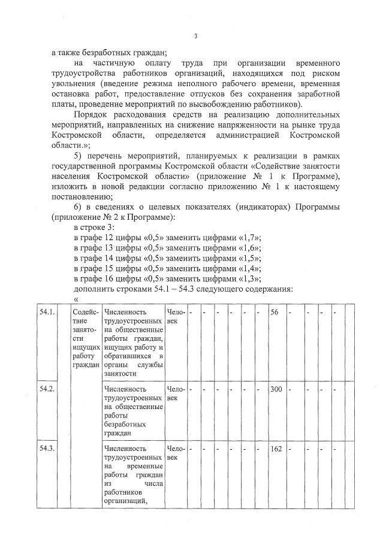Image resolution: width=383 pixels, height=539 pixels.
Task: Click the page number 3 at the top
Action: pyautogui.click(x=195, y=36)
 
